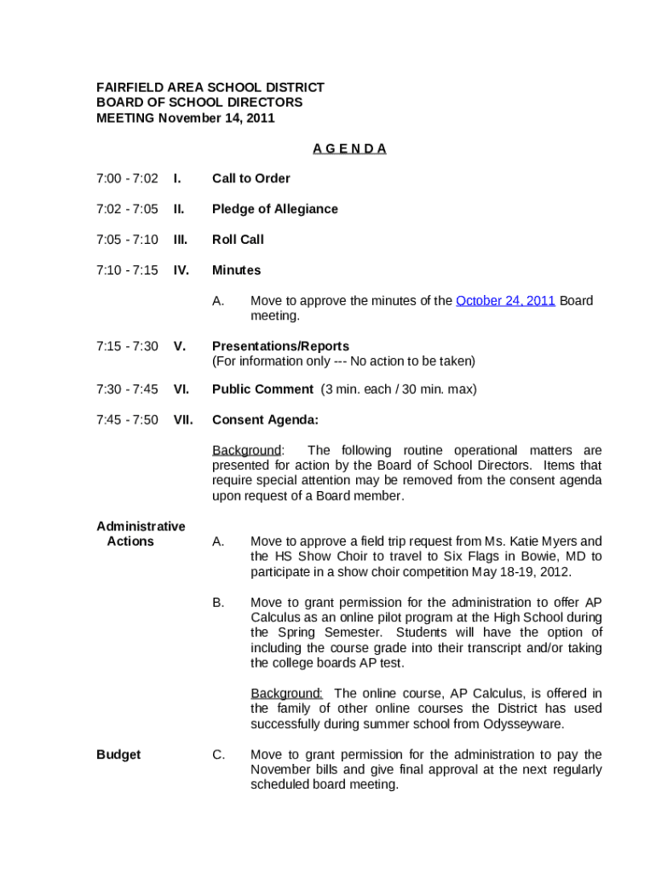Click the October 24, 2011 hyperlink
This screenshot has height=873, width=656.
506,300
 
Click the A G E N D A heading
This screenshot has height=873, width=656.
349,148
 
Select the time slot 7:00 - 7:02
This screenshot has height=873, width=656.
127,178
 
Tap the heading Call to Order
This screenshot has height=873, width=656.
250,178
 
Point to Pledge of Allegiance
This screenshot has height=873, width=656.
274,209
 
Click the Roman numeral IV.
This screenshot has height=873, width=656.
181,270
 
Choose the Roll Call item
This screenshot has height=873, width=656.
238,240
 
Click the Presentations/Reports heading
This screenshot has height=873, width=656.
280,346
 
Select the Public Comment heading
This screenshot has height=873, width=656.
262,389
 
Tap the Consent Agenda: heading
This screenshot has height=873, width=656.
265,419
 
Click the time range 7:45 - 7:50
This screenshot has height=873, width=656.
127,419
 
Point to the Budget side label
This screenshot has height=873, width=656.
118,754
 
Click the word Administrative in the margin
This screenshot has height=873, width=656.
141,526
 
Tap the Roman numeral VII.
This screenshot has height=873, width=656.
183,419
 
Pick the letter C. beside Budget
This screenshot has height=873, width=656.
219,754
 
